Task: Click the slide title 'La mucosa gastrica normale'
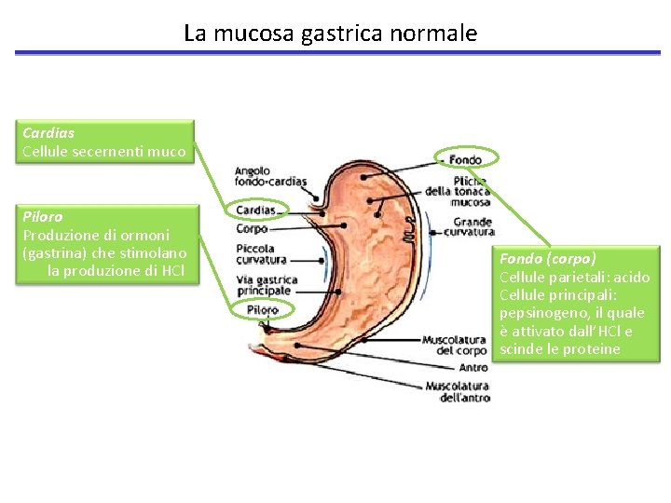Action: (x=330, y=34)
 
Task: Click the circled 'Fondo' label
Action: (x=466, y=160)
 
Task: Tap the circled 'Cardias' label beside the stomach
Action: (x=255, y=211)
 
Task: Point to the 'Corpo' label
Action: (x=252, y=228)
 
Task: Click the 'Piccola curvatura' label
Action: (x=261, y=254)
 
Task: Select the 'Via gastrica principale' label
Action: (x=267, y=285)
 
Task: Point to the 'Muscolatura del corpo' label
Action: (x=455, y=345)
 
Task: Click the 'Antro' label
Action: (x=473, y=368)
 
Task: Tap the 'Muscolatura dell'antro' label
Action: (x=458, y=391)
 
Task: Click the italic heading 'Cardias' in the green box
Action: (x=48, y=133)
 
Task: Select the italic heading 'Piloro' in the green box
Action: (x=41, y=216)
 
